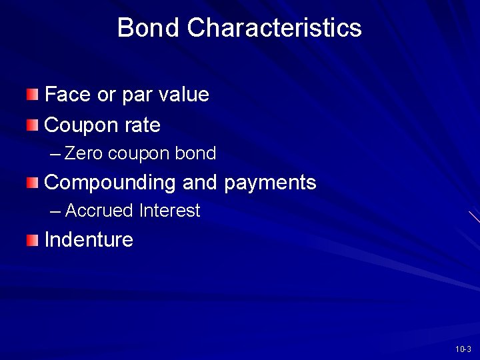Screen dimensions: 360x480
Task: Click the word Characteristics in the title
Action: click(x=274, y=28)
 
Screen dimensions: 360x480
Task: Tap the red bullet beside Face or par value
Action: click(x=33, y=94)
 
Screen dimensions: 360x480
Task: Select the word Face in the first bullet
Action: click(x=67, y=95)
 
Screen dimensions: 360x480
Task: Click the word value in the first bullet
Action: click(x=184, y=95)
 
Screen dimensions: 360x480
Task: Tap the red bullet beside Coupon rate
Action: click(x=33, y=124)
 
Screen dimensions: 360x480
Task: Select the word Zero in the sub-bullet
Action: click(x=84, y=153)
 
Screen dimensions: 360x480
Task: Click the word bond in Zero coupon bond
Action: click(x=195, y=153)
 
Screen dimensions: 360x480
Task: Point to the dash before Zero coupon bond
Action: click(x=55, y=154)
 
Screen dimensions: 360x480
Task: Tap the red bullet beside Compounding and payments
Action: click(x=33, y=182)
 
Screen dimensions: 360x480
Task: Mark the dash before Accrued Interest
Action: click(x=55, y=211)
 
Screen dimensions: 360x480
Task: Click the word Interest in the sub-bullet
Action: click(x=169, y=211)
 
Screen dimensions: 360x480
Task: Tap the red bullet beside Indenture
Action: click(x=33, y=240)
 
